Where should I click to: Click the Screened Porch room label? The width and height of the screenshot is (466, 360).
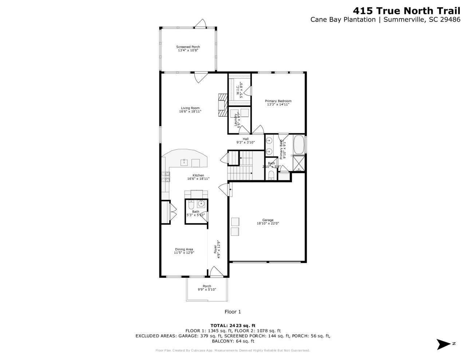tap(188, 49)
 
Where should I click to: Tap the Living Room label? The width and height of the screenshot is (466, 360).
tap(190, 110)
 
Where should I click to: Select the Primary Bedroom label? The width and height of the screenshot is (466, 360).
tap(278, 103)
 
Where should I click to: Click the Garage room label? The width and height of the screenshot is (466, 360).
tap(268, 222)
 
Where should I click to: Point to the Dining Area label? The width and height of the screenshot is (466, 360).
tap(184, 251)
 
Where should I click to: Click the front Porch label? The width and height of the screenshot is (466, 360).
tap(207, 288)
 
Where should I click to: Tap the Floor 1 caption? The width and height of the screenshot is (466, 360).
tap(233, 312)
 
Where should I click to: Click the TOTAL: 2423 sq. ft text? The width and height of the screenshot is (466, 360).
tap(233, 325)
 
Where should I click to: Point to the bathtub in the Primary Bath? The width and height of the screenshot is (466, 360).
tap(298, 145)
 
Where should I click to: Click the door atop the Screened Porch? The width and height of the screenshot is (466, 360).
tap(200, 24)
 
